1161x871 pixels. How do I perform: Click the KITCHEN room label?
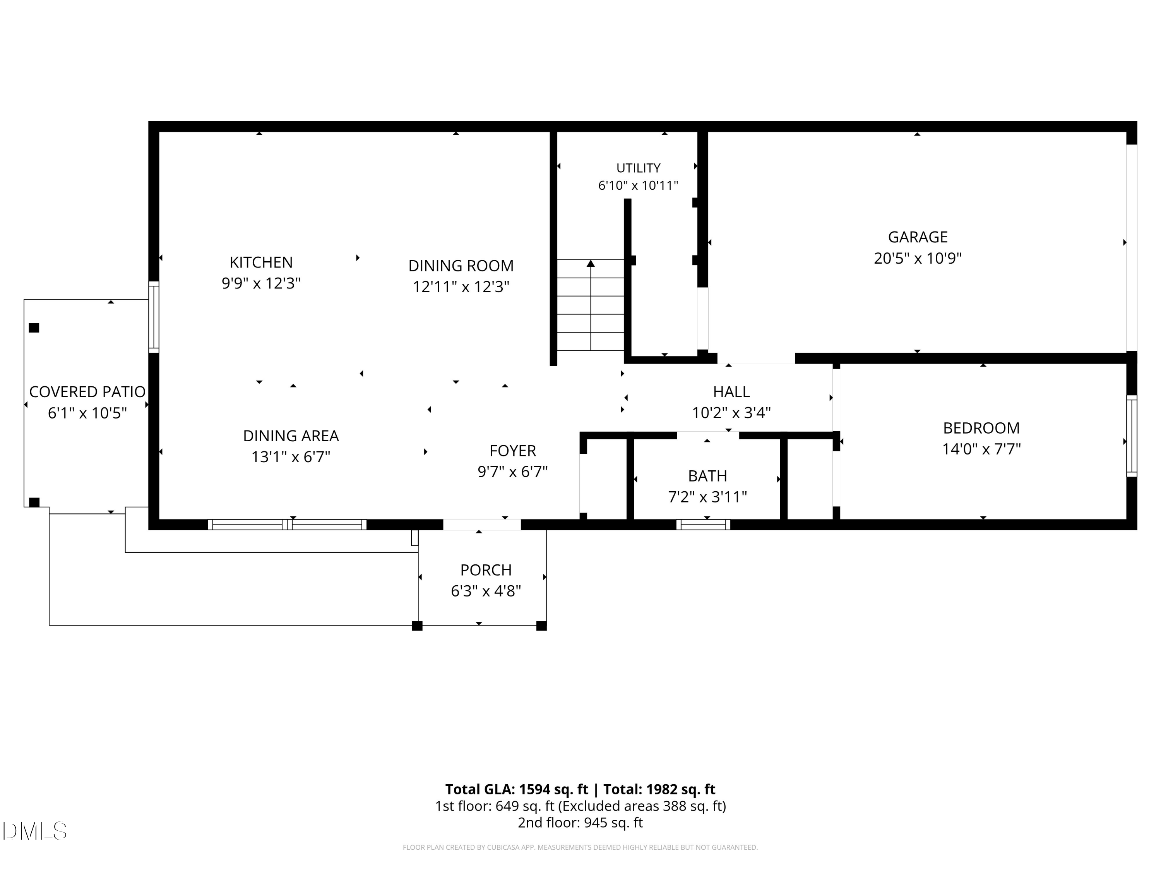[x=261, y=262]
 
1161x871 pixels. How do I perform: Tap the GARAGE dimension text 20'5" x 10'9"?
[x=918, y=258]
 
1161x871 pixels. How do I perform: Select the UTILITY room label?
[x=638, y=168]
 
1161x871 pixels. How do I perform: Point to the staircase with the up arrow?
[x=591, y=305]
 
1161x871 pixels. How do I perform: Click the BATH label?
[x=707, y=476]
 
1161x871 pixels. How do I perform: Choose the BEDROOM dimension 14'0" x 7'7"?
[x=981, y=449]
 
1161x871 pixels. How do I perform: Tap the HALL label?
[x=731, y=392]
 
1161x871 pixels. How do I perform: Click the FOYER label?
[x=513, y=451]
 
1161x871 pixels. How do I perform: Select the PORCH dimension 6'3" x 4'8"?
[x=486, y=591]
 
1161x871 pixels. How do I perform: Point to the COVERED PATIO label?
[x=87, y=392]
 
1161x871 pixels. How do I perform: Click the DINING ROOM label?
[x=461, y=266]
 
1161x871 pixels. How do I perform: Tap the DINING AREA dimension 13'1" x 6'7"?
[x=291, y=457]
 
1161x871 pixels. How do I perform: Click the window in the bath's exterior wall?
[x=703, y=525]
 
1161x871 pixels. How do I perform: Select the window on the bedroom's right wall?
[x=1132, y=436]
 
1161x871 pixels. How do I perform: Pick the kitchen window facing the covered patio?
[x=154, y=317]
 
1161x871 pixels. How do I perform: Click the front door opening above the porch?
[x=482, y=525]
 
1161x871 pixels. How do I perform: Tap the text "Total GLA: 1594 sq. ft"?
[x=517, y=789]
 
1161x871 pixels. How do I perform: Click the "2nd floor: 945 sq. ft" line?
[x=580, y=822]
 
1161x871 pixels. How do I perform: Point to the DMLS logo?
[x=35, y=831]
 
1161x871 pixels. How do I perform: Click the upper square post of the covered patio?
[x=34, y=327]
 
